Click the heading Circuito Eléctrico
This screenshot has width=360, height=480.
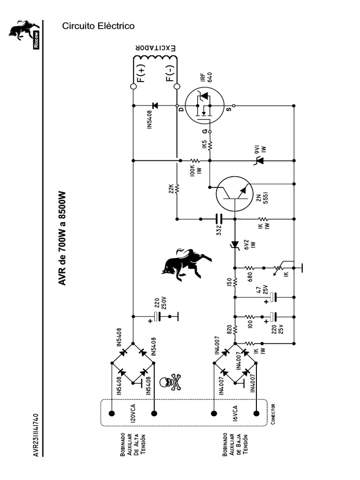pyautogui.click(x=98, y=27)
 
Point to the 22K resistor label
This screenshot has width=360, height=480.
pyautogui.click(x=172, y=189)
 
